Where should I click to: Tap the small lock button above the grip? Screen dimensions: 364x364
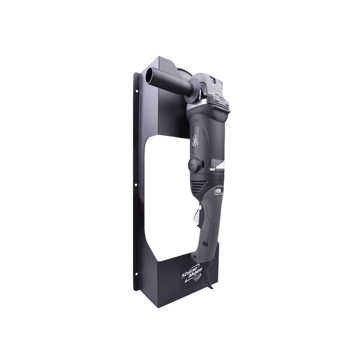click(x=217, y=191)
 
